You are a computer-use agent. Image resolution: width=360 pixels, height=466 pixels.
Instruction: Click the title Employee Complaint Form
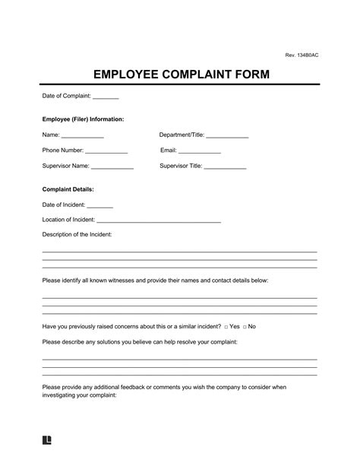180,75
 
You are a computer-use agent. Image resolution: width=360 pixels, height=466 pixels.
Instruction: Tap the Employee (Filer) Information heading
84,119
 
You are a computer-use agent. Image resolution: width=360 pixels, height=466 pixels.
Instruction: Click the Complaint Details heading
68,189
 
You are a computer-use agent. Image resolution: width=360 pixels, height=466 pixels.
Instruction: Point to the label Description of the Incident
77,234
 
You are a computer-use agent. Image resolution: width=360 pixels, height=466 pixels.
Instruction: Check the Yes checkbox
226,326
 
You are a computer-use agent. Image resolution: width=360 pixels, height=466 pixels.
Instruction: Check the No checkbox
245,326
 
